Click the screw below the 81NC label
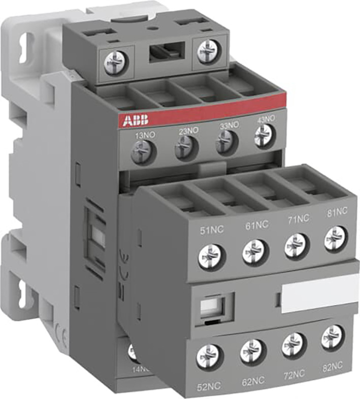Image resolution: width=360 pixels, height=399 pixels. (335, 238)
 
